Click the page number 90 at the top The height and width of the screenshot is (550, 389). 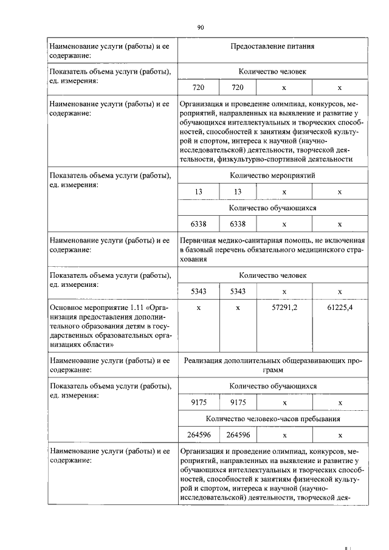coord(201,27)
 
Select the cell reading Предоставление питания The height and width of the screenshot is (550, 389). coord(272,46)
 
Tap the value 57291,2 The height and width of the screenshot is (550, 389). coord(284,308)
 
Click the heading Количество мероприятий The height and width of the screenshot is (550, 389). coord(272,176)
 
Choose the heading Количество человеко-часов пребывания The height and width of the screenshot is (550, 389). coord(272,418)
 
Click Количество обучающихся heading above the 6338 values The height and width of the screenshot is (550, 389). coord(272,207)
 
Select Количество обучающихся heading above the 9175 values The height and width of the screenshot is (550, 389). coord(272,386)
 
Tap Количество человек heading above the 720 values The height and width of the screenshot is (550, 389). coord(272,72)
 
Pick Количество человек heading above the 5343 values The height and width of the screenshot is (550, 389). coord(272,275)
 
